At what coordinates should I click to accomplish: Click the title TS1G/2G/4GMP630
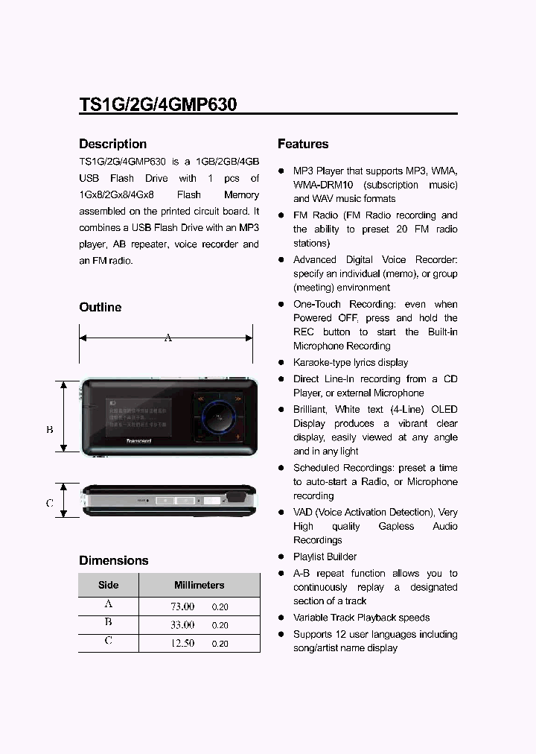(x=158, y=104)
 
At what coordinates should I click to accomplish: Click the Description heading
(x=112, y=144)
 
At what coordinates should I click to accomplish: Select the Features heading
(x=303, y=144)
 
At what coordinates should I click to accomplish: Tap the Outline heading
(x=100, y=307)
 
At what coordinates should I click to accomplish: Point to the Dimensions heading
(x=113, y=560)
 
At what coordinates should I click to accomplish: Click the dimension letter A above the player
(x=168, y=338)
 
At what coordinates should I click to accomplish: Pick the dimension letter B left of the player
(x=50, y=429)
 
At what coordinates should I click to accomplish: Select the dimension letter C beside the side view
(x=50, y=503)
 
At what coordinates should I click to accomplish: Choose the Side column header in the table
(x=108, y=585)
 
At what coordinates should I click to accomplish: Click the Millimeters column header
(x=199, y=585)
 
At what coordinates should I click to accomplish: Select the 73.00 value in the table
(x=182, y=606)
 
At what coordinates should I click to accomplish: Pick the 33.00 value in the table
(x=182, y=625)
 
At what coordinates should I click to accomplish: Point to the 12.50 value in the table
(x=182, y=643)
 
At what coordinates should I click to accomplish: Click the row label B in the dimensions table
(x=108, y=623)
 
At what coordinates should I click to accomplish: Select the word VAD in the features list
(x=303, y=513)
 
